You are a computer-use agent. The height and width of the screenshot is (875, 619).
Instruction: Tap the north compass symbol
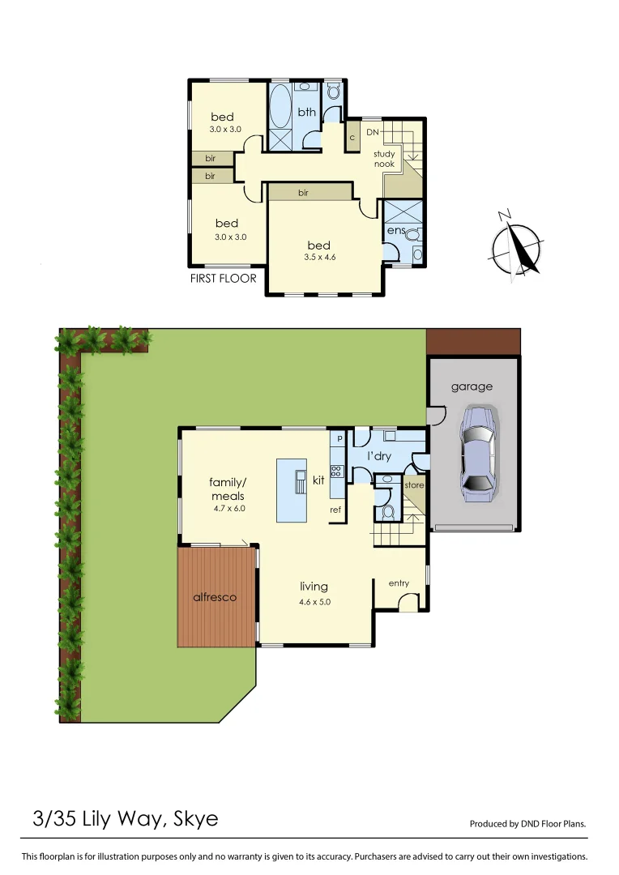point(517,248)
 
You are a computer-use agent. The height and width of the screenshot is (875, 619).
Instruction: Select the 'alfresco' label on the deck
point(215,597)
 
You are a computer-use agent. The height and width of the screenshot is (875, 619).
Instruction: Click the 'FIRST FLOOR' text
point(223,279)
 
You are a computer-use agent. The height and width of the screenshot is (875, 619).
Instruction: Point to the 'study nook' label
point(384,159)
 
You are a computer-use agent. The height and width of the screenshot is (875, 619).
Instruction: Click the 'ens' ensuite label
point(395,231)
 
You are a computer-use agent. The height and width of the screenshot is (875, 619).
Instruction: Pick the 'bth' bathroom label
point(306,113)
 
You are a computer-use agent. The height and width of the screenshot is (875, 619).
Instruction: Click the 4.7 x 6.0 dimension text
point(228,509)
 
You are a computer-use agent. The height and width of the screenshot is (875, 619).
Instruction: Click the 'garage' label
point(472,386)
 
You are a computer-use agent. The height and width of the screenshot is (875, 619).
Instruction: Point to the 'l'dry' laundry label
point(379,457)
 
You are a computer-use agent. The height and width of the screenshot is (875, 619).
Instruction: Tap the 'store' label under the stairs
point(414,485)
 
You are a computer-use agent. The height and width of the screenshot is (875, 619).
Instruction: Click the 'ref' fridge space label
point(335,510)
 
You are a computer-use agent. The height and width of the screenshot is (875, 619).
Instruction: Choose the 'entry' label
point(399,583)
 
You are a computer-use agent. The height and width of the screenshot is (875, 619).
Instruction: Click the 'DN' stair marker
point(373,132)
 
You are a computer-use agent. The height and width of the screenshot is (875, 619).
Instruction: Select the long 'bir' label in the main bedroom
point(303,193)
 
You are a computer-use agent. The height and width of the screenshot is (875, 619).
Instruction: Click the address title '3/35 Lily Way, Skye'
point(126,818)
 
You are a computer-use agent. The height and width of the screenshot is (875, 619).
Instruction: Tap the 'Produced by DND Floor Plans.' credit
point(527,824)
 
